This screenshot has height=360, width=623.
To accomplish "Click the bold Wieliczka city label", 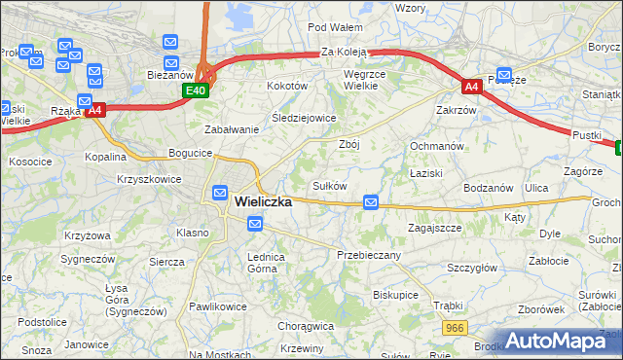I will click(x=264, y=202).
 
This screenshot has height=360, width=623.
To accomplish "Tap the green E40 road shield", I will click(x=195, y=90).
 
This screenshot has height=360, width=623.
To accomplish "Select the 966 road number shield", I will click(x=453, y=330).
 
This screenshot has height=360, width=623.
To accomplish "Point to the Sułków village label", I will click(x=329, y=185).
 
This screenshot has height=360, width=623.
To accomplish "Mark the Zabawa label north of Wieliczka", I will click(x=231, y=129).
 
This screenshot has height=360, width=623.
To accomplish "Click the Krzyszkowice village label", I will click(x=150, y=180).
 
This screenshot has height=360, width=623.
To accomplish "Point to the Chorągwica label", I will click(x=306, y=327).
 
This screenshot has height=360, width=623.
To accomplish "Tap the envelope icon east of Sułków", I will click(x=371, y=202).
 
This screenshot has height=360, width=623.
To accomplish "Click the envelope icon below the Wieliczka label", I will click(x=255, y=225).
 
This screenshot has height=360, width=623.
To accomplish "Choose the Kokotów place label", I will click(x=287, y=86).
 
